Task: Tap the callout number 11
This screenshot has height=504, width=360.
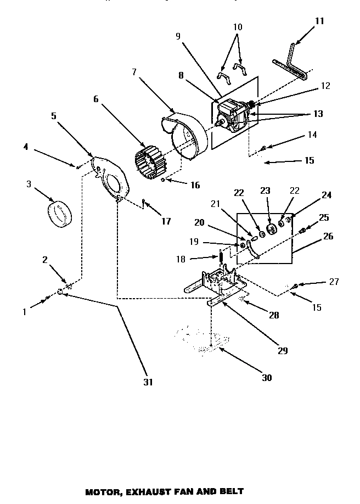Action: [319, 21]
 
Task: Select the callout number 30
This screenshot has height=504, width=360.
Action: [267, 378]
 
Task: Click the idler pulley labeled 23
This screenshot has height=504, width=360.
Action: [269, 229]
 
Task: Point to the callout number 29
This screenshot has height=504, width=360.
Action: [283, 350]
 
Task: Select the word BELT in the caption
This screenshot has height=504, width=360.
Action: [231, 491]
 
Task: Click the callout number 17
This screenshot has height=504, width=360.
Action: [166, 221]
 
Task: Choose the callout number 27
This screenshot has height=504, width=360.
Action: [334, 282]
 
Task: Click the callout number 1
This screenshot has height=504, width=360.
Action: [24, 312]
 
